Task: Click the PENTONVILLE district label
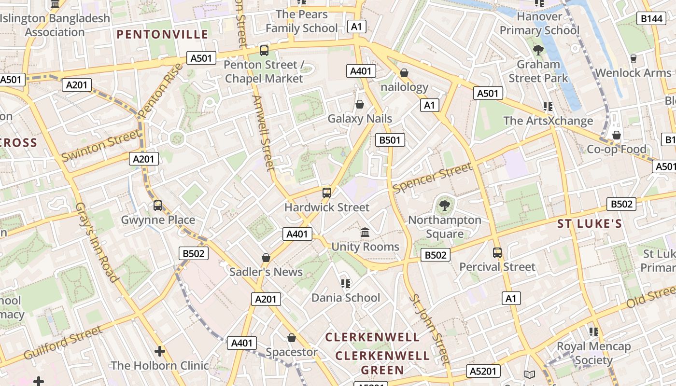coord(162,34)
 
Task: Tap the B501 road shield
coord(390,140)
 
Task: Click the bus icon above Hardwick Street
coord(327,193)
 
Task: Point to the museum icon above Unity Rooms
coord(365,233)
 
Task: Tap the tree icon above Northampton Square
coord(444,206)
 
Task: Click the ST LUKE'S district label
coord(590,224)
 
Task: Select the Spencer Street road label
coord(432,178)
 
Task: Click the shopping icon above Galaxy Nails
coord(360,104)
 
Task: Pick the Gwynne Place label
coord(158,220)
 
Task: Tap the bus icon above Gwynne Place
coord(158,206)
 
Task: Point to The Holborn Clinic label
coord(160,365)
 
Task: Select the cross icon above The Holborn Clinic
coord(160,351)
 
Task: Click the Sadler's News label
coord(266,272)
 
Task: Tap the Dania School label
coord(346,298)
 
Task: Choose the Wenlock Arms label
coord(633,73)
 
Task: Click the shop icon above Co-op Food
coord(617,135)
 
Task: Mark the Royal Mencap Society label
coord(594,353)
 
